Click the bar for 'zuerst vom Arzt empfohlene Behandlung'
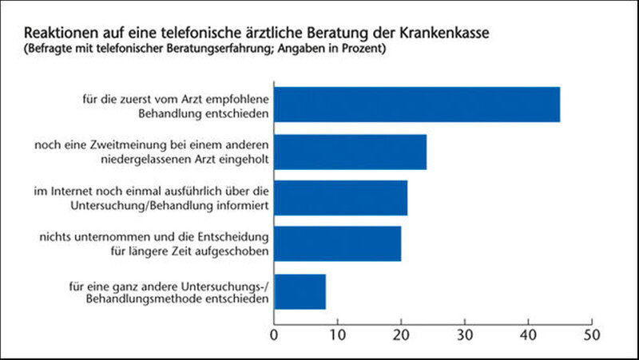(x=417, y=104)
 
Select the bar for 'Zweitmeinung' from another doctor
(x=351, y=152)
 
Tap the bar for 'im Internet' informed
(x=341, y=198)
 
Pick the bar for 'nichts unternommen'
(x=338, y=244)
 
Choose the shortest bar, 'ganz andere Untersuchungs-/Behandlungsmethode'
(x=300, y=291)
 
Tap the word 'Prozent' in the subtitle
(x=363, y=50)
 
